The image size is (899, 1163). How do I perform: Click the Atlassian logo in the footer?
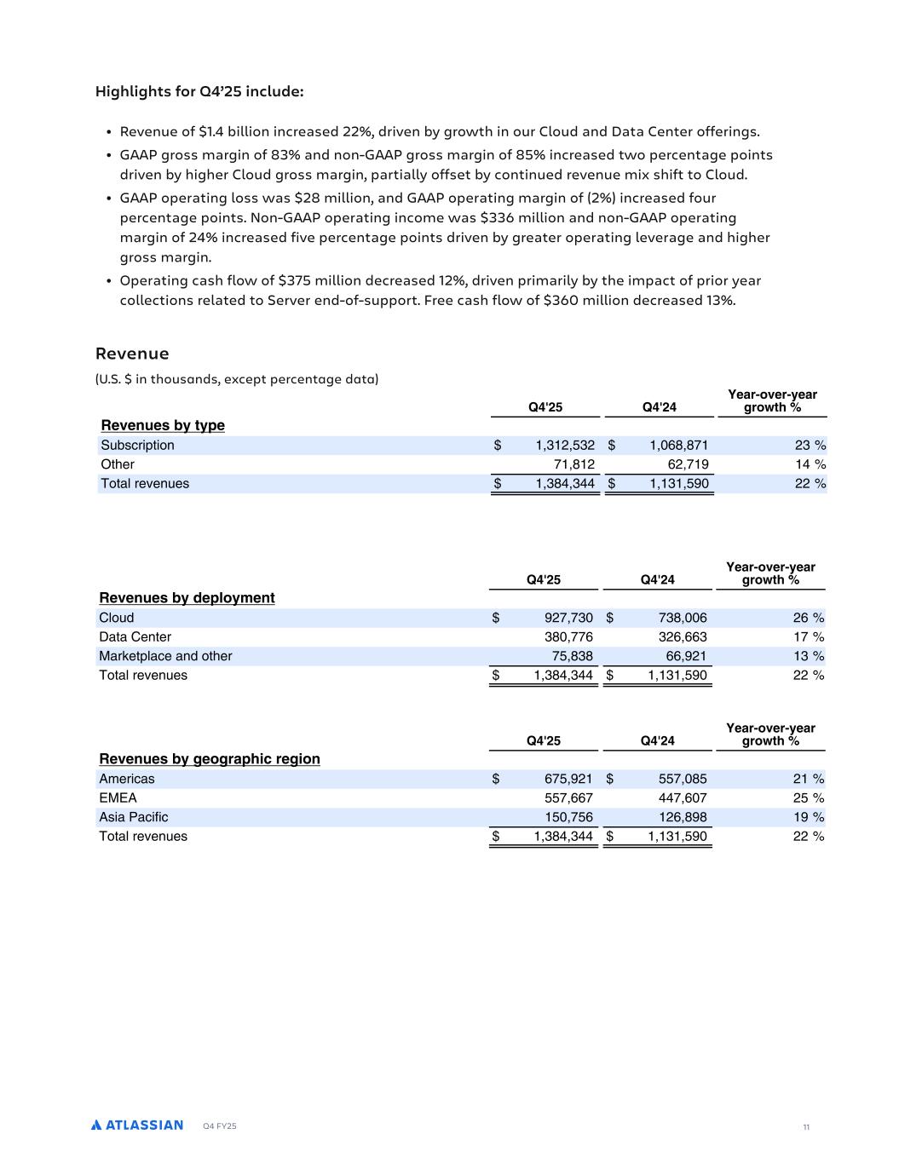coord(137,1125)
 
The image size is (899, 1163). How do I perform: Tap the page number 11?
coord(805,1127)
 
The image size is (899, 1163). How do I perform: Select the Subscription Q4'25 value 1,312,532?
coord(565,445)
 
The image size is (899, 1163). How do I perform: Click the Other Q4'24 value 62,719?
coord(678,464)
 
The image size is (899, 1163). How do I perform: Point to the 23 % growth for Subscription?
coord(808,445)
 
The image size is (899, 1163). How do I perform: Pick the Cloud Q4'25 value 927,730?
coord(568,618)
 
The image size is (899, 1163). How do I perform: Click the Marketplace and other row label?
coord(165,656)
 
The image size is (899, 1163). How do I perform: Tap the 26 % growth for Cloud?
coord(807,618)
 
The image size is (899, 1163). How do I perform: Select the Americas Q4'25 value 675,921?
coord(568,779)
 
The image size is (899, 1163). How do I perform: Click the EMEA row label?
coord(118,797)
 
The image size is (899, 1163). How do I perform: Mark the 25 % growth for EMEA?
coord(807,797)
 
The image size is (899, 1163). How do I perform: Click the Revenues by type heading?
coord(163,425)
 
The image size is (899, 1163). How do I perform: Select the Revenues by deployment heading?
coord(187,598)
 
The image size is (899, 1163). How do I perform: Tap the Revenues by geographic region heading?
coord(210,759)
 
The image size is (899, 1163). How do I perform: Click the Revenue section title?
coord(132,354)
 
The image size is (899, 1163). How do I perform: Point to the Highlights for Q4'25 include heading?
coord(199,91)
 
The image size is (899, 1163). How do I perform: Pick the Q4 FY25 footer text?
coord(220,1126)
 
